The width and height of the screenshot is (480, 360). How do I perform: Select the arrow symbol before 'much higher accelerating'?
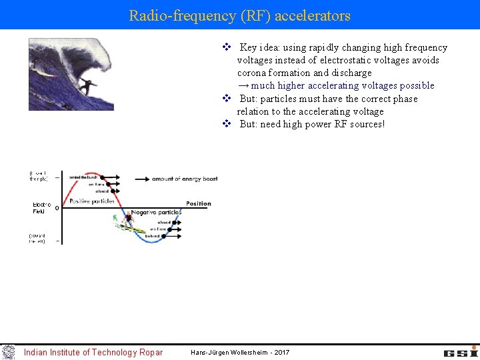243,85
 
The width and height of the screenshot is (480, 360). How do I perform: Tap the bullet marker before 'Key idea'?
226,47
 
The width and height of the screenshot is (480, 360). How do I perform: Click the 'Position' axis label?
198,203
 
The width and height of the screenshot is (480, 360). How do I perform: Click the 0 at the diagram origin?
57,208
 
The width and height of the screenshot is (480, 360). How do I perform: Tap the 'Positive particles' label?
92,201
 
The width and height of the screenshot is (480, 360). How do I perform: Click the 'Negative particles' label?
156,213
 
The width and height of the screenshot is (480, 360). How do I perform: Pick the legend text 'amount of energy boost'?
185,179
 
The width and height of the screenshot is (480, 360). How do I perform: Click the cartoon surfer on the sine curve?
129,218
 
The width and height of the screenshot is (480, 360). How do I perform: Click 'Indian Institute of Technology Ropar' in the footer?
93,352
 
